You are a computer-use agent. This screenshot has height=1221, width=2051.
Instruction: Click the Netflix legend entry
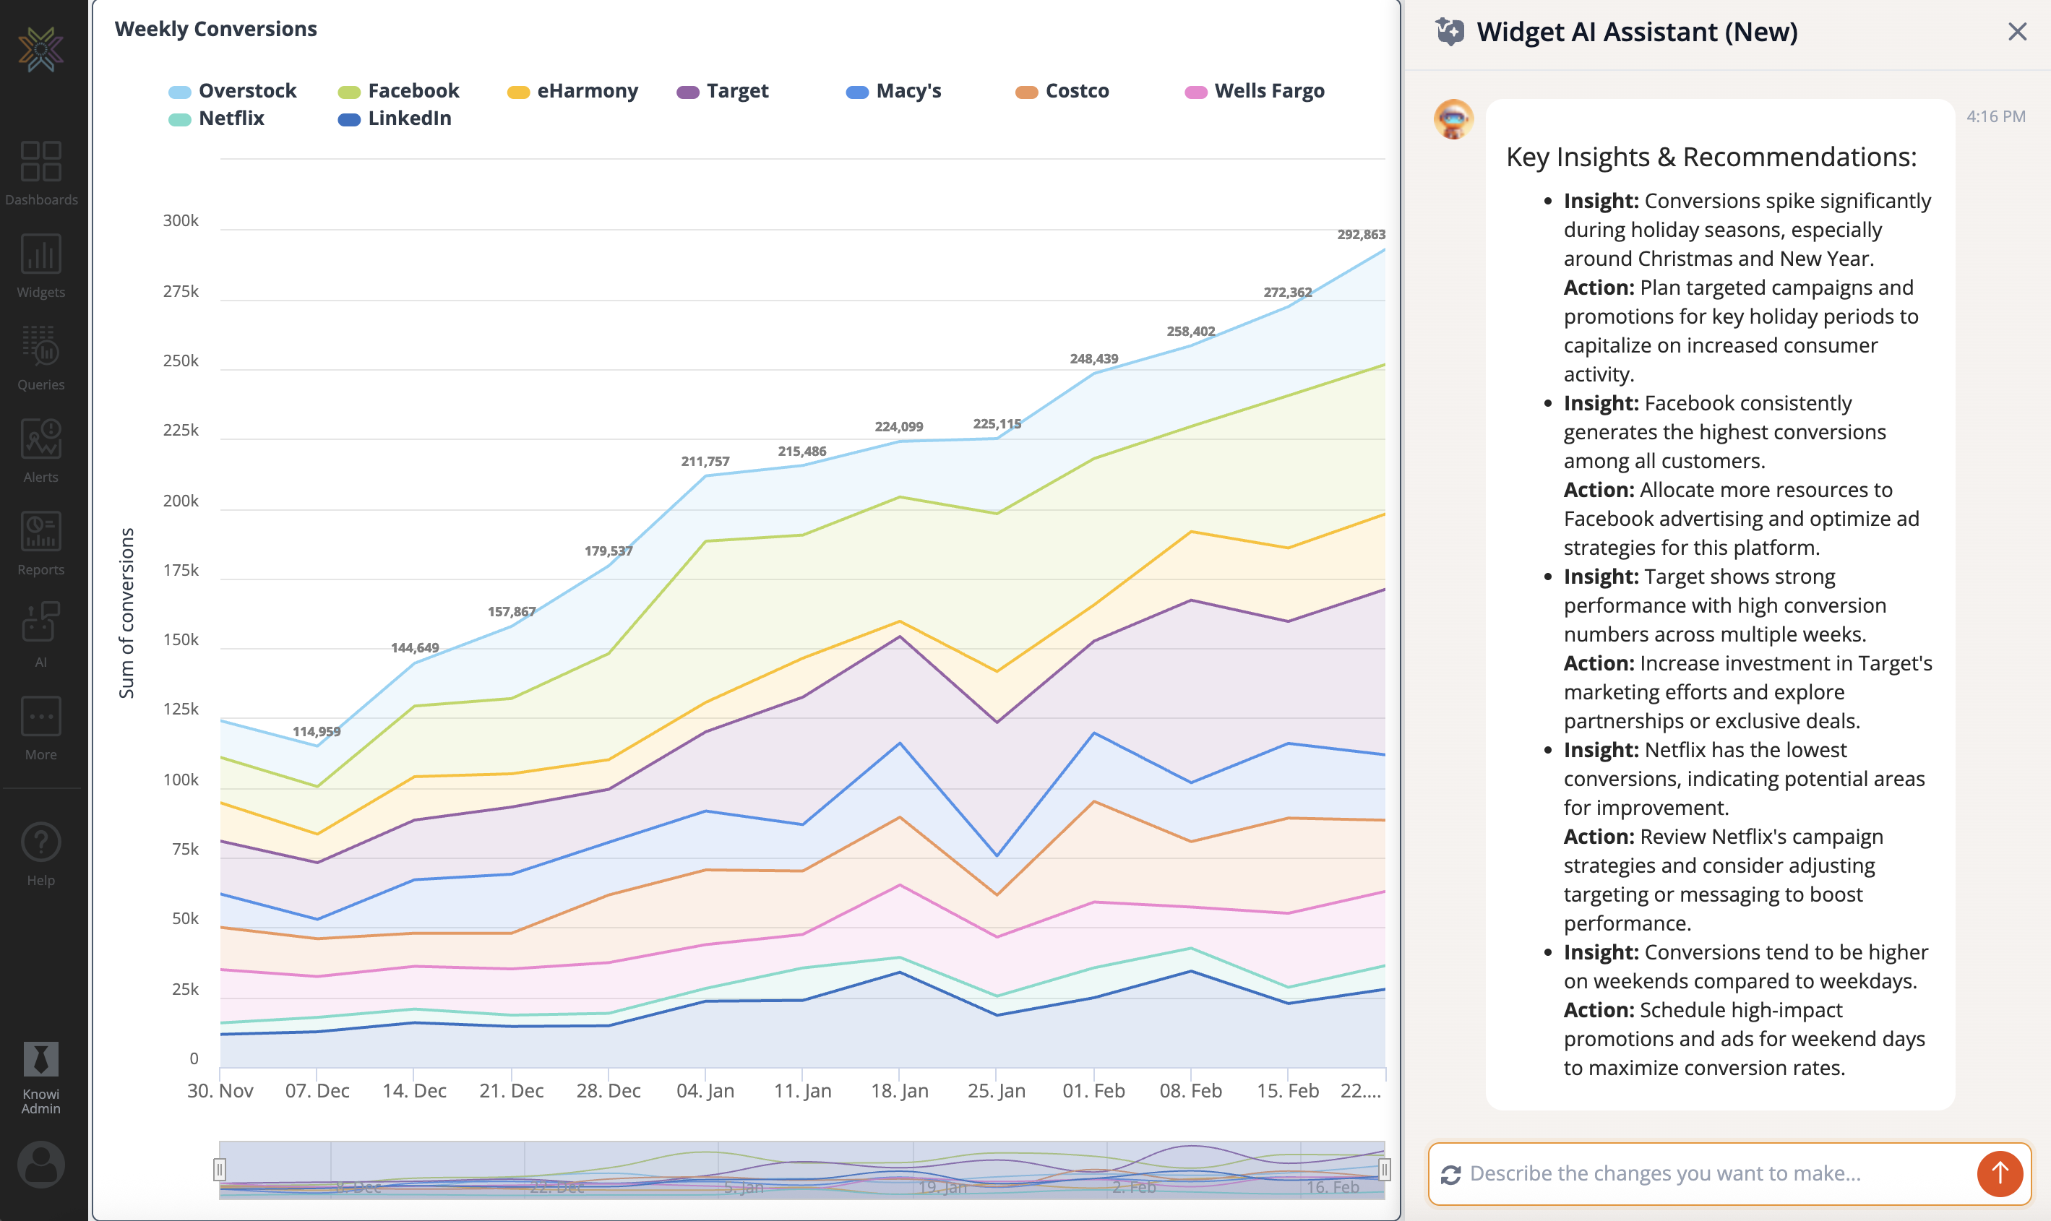click(231, 118)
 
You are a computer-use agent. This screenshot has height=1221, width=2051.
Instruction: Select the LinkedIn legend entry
click(408, 118)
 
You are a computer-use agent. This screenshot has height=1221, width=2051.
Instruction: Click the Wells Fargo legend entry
click(1268, 91)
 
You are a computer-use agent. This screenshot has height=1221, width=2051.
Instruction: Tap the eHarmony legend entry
click(586, 91)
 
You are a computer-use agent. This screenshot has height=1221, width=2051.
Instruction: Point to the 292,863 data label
click(1361, 235)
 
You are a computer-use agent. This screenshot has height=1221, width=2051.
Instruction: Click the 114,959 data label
click(316, 731)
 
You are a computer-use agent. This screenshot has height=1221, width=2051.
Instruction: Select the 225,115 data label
click(996, 423)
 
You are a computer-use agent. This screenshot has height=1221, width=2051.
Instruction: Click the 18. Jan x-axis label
click(899, 1090)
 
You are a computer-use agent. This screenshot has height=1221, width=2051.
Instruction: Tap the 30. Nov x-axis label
click(220, 1090)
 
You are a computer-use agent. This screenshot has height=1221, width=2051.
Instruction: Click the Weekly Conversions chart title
click(215, 29)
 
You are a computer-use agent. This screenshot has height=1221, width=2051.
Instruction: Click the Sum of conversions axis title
click(126, 613)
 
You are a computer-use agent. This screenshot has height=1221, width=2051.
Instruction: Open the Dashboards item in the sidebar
click(41, 173)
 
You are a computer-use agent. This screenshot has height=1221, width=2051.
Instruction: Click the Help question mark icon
click(41, 842)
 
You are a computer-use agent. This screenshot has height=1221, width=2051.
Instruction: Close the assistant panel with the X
click(2016, 32)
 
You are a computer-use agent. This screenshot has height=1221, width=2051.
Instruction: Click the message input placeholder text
click(1664, 1173)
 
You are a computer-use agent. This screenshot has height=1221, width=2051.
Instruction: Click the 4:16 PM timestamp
click(1995, 117)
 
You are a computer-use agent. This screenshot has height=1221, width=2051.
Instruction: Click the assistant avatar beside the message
click(1453, 120)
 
